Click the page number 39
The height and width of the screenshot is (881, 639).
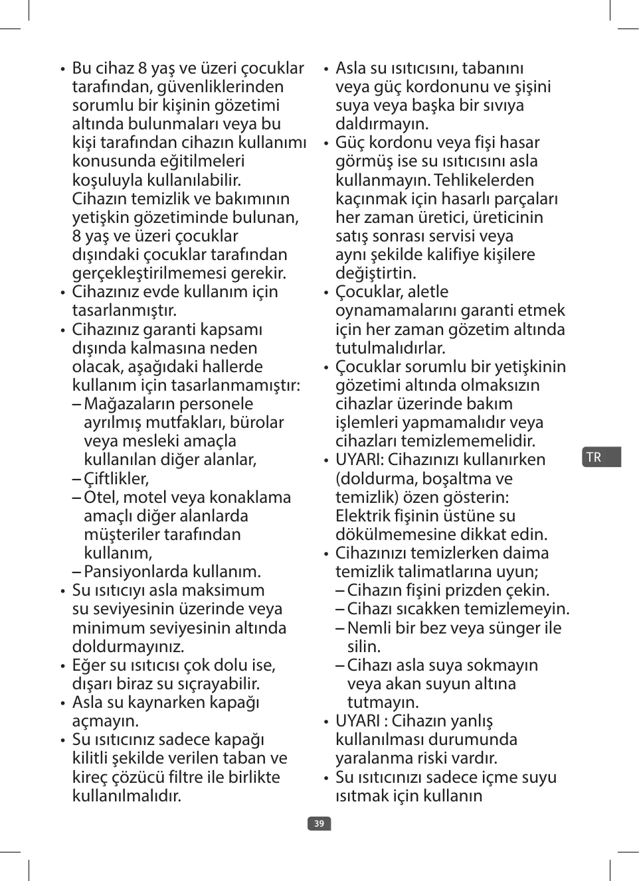[x=319, y=823]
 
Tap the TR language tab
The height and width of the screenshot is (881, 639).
[x=594, y=457]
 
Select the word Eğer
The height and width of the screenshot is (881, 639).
[x=90, y=665]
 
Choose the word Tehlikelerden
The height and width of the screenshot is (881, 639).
[x=484, y=180]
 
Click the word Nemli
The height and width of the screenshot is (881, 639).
[x=369, y=628]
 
